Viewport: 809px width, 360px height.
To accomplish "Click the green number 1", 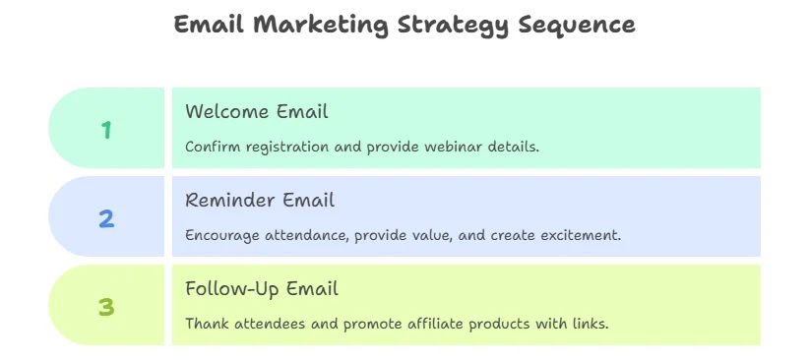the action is (106, 130).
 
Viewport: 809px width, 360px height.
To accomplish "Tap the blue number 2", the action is (106, 218).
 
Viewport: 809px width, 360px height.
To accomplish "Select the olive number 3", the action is (106, 308).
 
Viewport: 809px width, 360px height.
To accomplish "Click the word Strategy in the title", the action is (453, 26).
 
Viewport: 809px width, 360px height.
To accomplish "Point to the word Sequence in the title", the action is (577, 26).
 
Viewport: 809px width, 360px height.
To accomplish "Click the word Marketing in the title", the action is (320, 26).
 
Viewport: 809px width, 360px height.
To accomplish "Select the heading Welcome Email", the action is (257, 111).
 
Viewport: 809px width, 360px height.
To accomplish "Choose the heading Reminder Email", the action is (260, 200).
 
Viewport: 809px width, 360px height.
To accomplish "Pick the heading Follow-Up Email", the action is (262, 289).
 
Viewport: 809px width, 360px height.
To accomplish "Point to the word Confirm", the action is (213, 147).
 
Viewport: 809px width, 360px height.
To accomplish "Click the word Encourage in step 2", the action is (222, 236).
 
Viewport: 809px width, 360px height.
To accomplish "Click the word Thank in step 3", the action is (208, 325).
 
